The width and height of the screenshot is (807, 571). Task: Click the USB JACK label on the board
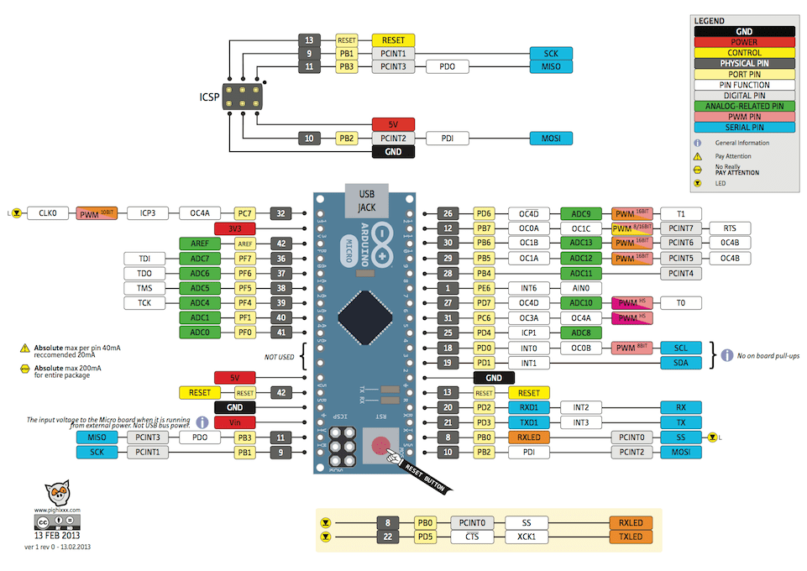click(366, 200)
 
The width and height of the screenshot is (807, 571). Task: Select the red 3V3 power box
click(234, 228)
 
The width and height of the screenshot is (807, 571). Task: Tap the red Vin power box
click(234, 422)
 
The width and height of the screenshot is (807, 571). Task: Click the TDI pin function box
click(144, 259)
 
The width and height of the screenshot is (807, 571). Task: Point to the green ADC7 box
click(199, 259)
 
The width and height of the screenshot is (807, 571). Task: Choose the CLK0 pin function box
click(47, 213)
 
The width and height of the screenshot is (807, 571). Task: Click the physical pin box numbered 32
click(281, 213)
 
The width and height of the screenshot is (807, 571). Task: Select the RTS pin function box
click(729, 228)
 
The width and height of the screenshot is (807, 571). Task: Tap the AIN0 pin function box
click(581, 288)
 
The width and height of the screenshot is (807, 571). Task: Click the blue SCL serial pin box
click(681, 348)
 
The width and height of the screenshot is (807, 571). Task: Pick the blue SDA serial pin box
click(681, 363)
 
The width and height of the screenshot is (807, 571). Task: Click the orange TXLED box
click(631, 537)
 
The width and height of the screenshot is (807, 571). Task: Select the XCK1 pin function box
click(525, 537)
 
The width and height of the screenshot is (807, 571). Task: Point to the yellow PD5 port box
click(426, 537)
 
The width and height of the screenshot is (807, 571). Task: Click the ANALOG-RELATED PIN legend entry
click(743, 107)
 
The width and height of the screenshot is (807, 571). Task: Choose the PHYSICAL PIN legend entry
click(743, 64)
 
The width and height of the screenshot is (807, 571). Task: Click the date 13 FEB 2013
click(58, 535)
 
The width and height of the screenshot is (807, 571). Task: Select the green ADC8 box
click(581, 333)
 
